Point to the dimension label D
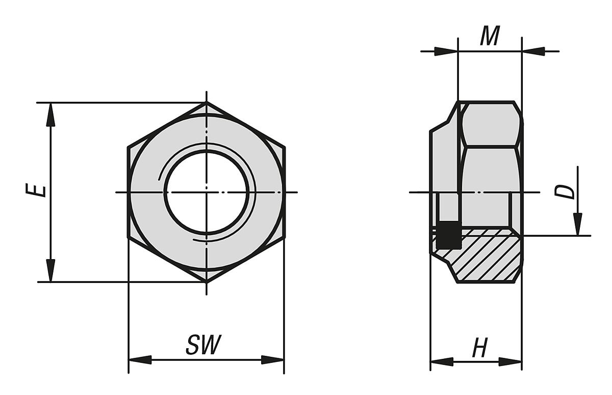(x=565, y=192)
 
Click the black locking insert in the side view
(x=449, y=236)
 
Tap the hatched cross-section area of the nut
(x=484, y=255)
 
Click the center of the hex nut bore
(x=207, y=192)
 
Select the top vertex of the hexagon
(x=207, y=103)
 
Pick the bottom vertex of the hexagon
(x=207, y=281)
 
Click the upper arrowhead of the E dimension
(x=50, y=115)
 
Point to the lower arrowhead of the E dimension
(x=50, y=270)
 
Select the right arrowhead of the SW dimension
(x=272, y=360)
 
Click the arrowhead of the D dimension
(x=577, y=224)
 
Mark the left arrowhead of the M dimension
(x=446, y=51)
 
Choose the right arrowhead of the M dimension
(x=533, y=51)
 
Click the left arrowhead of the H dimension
(x=442, y=362)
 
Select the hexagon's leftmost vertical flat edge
(x=128, y=192)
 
